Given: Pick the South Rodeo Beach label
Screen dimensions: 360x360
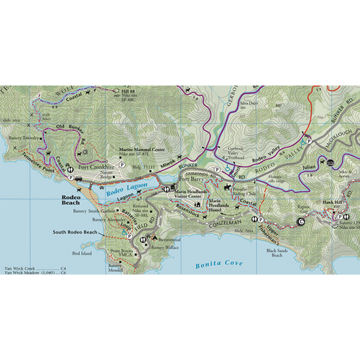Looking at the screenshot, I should point(74,232).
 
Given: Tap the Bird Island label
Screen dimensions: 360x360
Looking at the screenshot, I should point(82,253).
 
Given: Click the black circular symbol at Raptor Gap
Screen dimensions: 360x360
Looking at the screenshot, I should point(301,221).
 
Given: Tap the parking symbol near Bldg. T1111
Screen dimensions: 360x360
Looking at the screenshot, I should point(122,164).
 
